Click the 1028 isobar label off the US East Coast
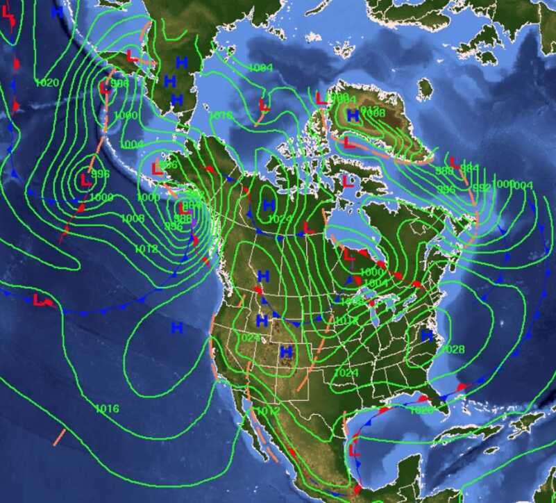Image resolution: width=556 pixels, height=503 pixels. [x=453, y=349]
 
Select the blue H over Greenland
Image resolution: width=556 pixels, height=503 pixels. [x=353, y=115]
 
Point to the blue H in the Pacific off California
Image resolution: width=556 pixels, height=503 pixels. [x=177, y=327]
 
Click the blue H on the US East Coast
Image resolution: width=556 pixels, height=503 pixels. [x=427, y=336]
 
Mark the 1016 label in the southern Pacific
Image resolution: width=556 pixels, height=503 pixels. [x=107, y=408]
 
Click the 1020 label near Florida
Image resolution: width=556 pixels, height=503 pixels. [x=421, y=410]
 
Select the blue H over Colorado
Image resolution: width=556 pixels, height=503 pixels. [x=286, y=352]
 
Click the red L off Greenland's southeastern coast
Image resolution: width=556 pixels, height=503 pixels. [x=453, y=164]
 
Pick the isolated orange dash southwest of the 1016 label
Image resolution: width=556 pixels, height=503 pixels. [x=60, y=437]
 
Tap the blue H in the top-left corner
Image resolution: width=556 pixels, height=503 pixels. [x=57, y=12]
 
